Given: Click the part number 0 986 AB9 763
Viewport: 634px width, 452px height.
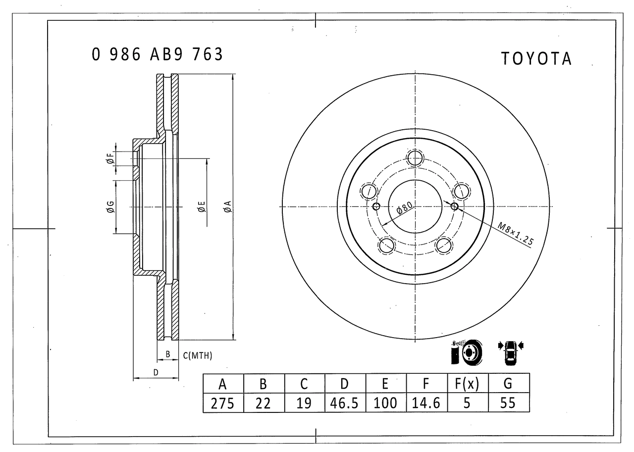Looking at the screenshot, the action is click(x=158, y=54).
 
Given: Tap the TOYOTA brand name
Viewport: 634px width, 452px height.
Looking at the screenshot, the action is click(x=536, y=59).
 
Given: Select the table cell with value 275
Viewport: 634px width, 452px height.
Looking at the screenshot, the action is click(x=223, y=403).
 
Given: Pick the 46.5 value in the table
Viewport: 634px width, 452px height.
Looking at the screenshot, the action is click(x=344, y=403).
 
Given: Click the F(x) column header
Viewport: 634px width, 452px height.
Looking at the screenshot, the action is click(x=467, y=384).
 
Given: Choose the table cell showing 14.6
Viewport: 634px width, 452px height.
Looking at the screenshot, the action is click(x=426, y=403).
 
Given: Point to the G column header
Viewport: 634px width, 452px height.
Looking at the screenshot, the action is click(x=508, y=384).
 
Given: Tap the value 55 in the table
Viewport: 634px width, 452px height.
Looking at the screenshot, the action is click(x=508, y=403).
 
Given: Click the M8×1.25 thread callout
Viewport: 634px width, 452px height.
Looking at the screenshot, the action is click(x=515, y=234).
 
